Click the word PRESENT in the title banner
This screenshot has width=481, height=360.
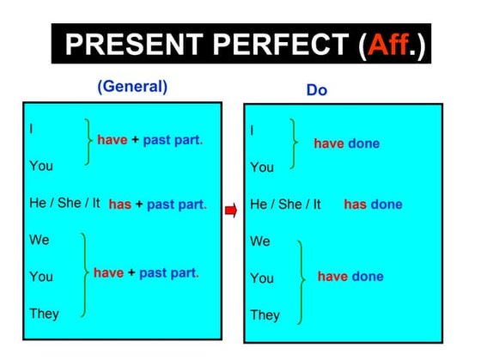pos(129,44)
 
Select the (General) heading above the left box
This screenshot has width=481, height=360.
pos(132,87)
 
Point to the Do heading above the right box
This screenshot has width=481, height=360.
pos(317,90)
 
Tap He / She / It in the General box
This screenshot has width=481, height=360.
pos(64,204)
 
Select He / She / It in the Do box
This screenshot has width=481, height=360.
pos(285,204)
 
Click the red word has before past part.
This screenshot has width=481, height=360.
pos(120,204)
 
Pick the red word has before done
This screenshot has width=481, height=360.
pos(356,204)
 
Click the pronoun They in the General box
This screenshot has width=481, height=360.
pos(44,314)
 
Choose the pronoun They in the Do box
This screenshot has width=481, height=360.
pos(265,315)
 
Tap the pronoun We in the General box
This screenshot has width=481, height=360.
pos(40,241)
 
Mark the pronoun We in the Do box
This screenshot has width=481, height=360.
pos(260,241)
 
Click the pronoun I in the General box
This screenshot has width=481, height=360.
pos(32,128)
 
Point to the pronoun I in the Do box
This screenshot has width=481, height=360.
pos(253,131)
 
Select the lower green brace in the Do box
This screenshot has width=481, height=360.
pos(301,281)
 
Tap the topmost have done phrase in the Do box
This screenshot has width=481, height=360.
pos(346,143)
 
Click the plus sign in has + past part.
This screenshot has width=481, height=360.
pos(139,204)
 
